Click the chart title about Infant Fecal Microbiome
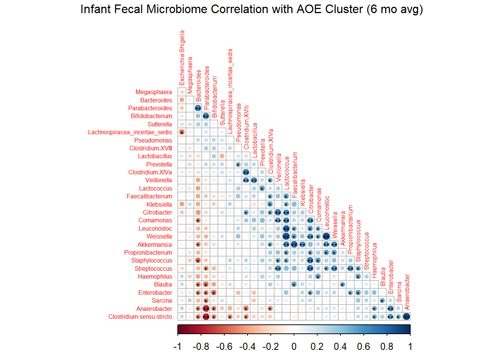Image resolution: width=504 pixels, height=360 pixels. point(252,9)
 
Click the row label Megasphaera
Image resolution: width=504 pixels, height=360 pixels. point(154,92)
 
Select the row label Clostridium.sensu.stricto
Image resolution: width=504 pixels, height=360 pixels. point(140,317)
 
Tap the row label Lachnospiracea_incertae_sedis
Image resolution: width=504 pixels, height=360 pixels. point(130,132)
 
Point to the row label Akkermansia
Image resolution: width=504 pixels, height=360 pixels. point(154,245)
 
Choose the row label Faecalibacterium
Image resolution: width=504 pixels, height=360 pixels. point(149,196)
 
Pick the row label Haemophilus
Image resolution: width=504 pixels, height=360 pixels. point(155,277)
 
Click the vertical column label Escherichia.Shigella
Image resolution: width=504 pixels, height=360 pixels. point(182,58)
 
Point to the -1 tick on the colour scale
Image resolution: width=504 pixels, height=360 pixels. point(178,346)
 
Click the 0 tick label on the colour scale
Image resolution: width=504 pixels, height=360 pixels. point(294,346)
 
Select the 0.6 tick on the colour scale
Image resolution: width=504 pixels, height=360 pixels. point(364,346)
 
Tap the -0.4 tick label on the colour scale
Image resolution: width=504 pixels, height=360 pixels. point(247,346)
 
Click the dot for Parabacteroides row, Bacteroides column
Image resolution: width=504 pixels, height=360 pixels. point(198,108)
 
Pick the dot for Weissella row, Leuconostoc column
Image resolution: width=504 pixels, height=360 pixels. point(326,236)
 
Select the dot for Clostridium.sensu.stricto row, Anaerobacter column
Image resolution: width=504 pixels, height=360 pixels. point(406,316)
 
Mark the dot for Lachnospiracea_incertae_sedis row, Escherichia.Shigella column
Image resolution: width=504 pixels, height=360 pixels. point(182,132)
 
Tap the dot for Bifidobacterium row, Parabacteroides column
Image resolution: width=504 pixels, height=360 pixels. point(206,116)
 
